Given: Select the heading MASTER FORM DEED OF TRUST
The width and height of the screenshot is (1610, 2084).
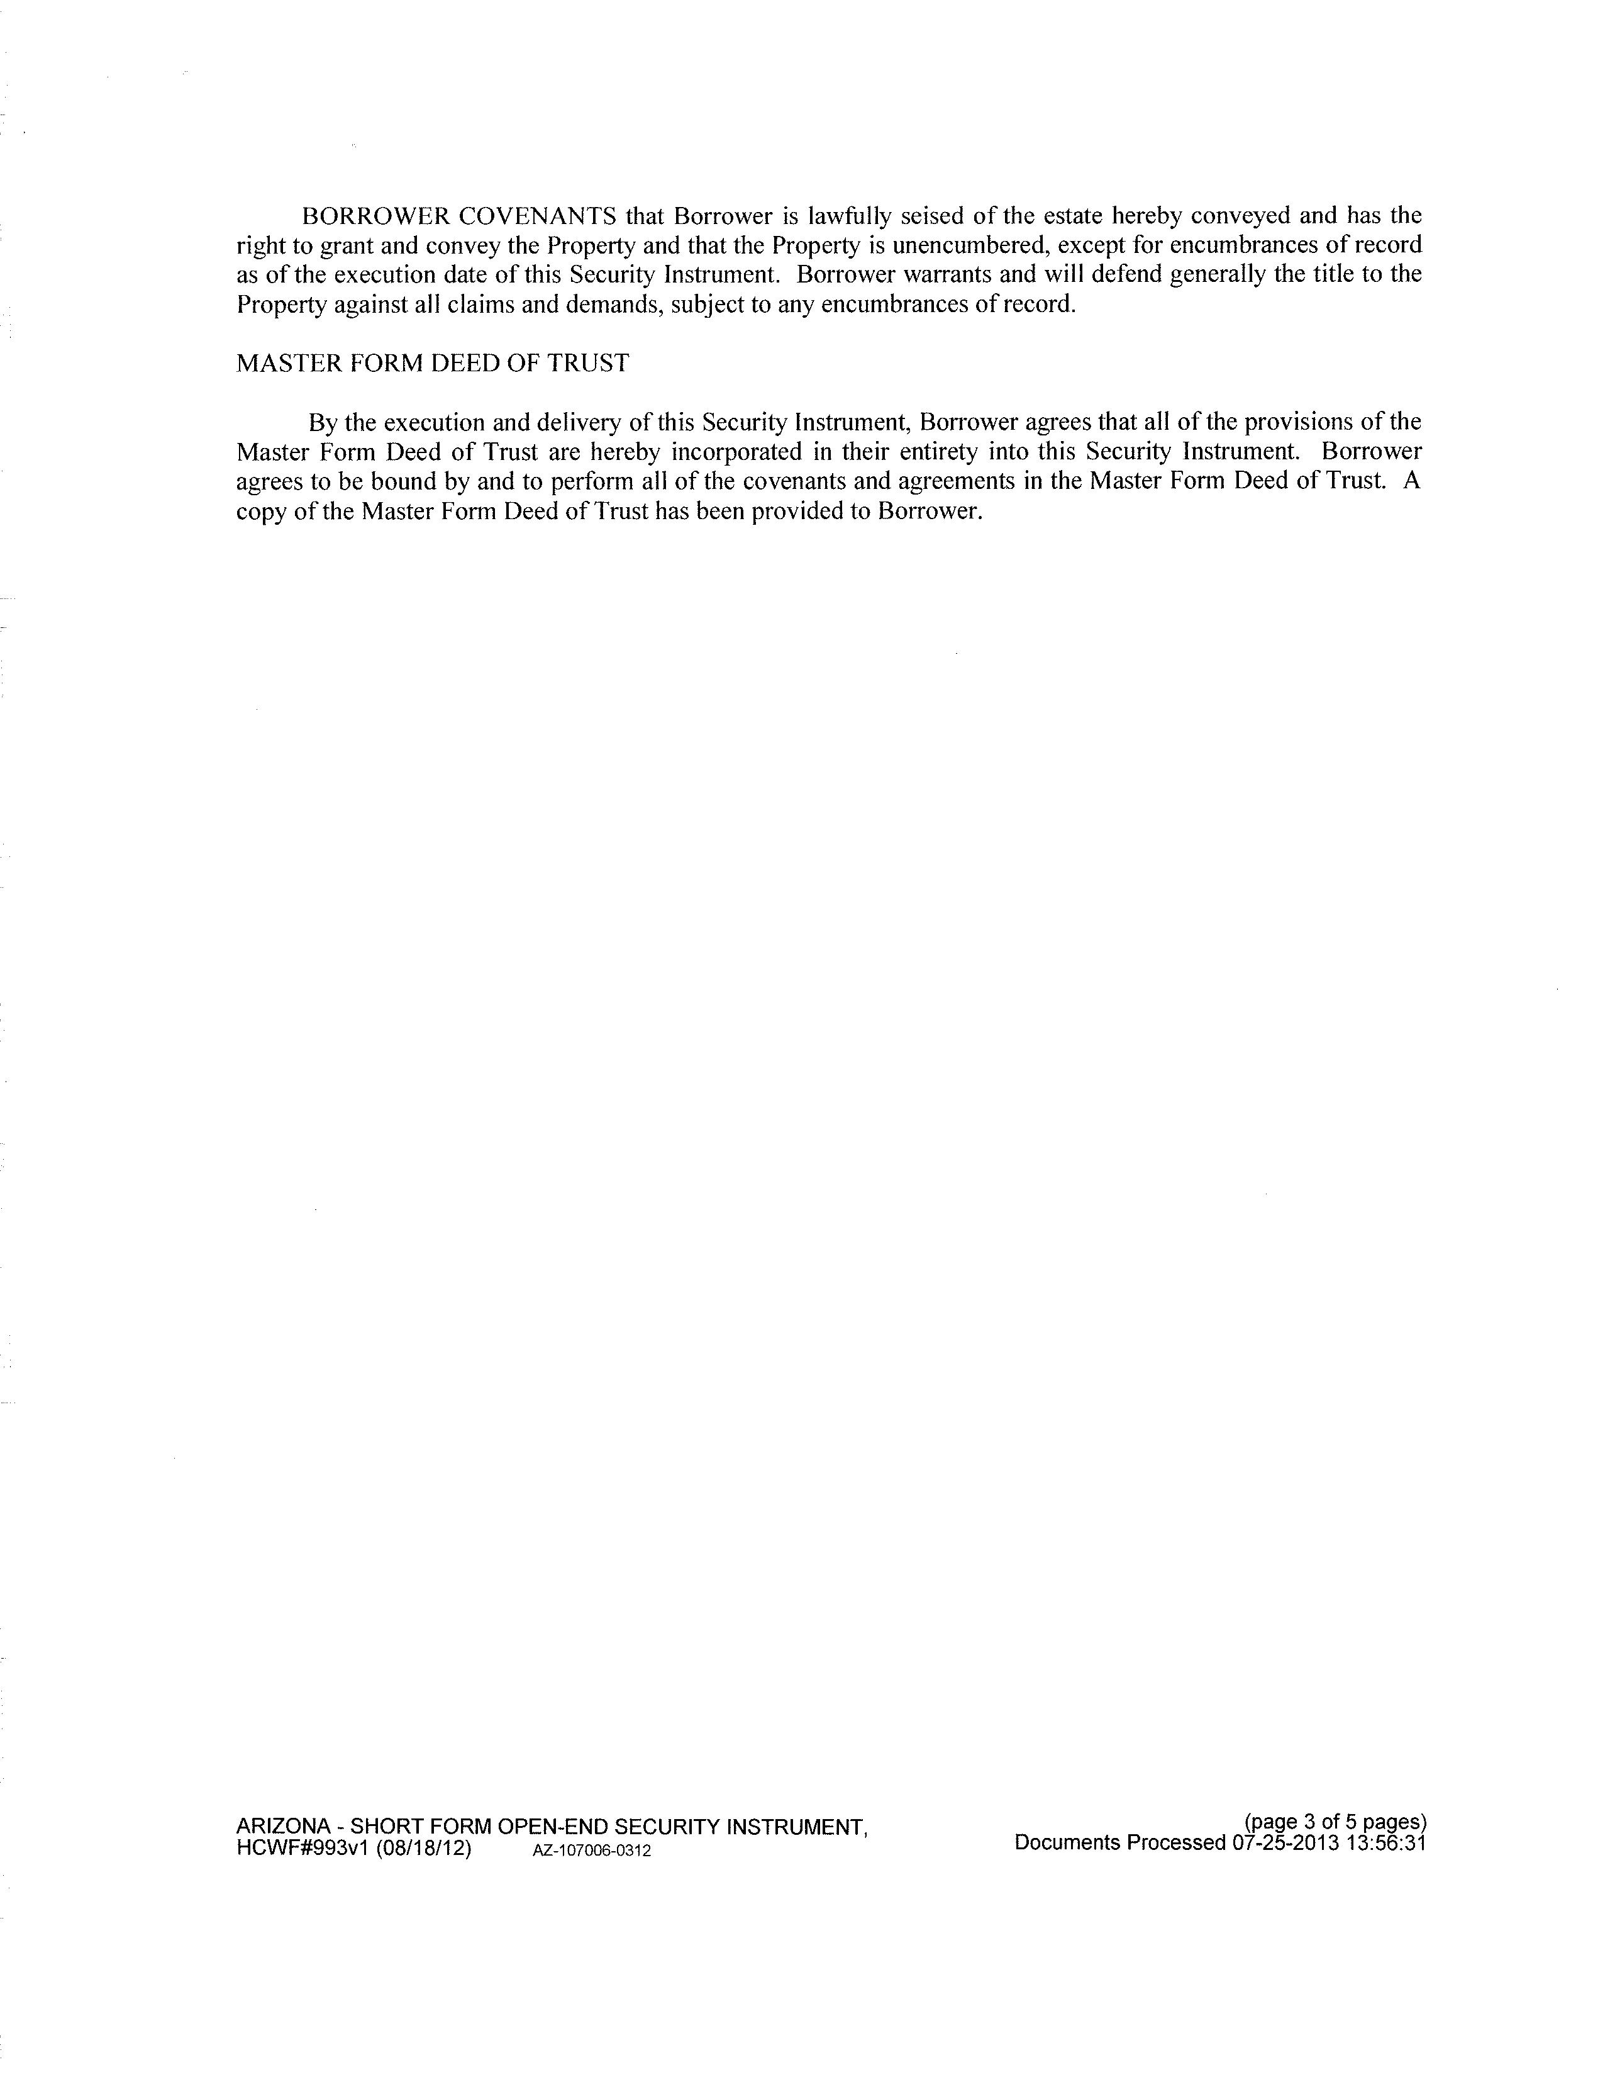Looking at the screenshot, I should pos(432,364).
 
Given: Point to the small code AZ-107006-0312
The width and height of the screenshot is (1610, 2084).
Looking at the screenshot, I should pos(591,1851).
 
